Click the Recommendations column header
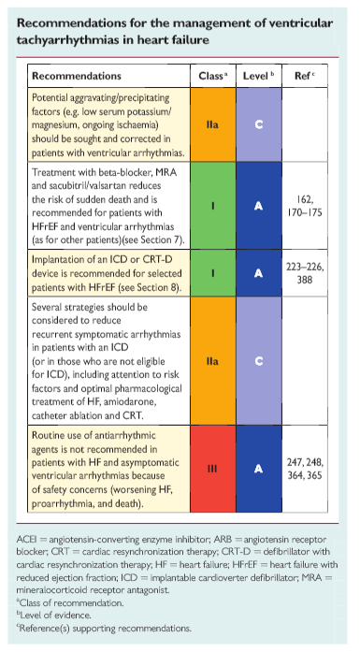tap(77, 76)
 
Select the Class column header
tap(213, 76)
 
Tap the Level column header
tap(259, 76)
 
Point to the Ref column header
tap(305, 76)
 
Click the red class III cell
tap(213, 469)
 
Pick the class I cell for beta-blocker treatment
tap(213, 206)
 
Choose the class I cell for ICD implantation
tap(213, 273)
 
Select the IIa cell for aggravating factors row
tap(213, 124)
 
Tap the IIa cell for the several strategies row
tap(213, 360)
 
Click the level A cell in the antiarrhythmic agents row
tap(259, 469)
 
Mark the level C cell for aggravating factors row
tap(259, 124)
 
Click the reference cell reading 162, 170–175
tap(305, 206)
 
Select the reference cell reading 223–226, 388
tap(305, 273)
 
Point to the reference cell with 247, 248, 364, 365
tap(305, 469)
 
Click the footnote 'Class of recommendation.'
tap(70, 602)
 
